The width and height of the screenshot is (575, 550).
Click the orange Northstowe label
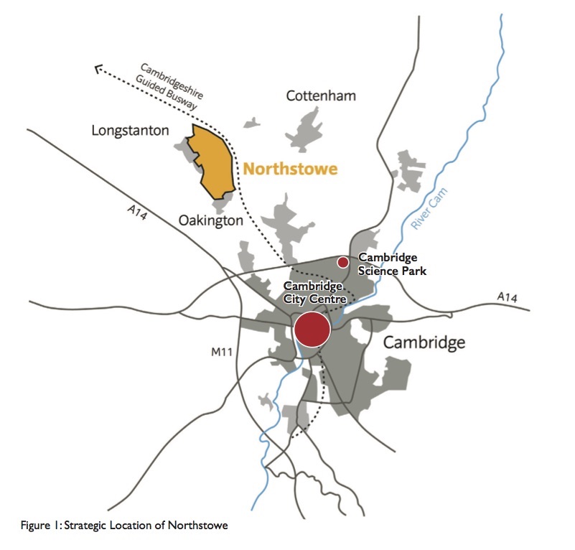point(290,169)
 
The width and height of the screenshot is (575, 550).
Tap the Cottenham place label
point(320,95)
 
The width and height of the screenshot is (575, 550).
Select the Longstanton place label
point(131,131)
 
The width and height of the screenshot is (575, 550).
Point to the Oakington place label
point(210,220)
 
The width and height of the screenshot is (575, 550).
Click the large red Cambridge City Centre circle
point(312,330)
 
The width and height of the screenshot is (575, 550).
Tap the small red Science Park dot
point(343,262)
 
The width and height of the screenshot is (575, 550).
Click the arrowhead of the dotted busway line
point(99,68)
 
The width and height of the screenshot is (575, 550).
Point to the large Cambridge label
point(424,342)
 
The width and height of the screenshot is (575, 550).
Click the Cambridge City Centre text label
point(315,293)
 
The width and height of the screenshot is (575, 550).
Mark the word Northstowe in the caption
point(197,525)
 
